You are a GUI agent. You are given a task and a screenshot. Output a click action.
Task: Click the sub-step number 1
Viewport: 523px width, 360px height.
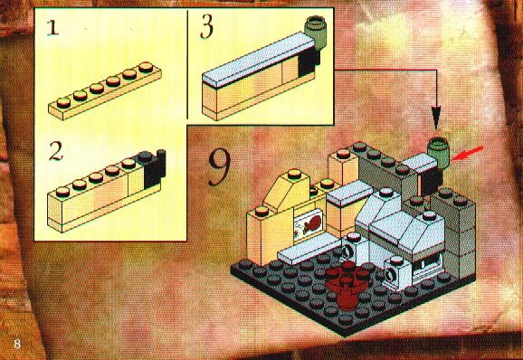[52, 28]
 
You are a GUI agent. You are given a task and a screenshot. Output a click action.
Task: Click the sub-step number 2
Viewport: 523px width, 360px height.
[55, 151]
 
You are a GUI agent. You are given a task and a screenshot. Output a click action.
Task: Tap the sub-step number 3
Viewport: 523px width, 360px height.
[206, 28]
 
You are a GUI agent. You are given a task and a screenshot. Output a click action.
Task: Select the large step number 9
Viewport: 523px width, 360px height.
[220, 167]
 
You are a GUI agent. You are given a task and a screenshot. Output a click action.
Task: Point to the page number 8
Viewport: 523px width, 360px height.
[17, 344]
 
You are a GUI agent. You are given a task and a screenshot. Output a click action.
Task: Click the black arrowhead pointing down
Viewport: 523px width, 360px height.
[436, 118]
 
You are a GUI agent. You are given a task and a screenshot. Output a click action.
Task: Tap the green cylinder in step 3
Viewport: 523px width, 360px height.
[316, 33]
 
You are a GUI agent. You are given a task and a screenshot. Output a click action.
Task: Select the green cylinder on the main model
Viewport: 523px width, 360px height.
[438, 152]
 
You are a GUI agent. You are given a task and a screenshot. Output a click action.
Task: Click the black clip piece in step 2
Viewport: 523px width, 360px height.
[154, 168]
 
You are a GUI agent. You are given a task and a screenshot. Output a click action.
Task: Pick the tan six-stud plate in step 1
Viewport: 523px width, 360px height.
[105, 90]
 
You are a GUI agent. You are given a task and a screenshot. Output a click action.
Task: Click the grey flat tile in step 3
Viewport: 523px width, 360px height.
[259, 60]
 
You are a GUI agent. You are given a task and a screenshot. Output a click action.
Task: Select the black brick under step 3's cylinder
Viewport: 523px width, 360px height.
[309, 62]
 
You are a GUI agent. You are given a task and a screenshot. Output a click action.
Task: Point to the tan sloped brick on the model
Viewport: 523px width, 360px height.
[288, 190]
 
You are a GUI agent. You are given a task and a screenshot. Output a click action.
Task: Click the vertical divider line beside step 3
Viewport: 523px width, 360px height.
[187, 64]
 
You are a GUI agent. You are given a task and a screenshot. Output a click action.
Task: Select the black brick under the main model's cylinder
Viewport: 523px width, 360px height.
[431, 182]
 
